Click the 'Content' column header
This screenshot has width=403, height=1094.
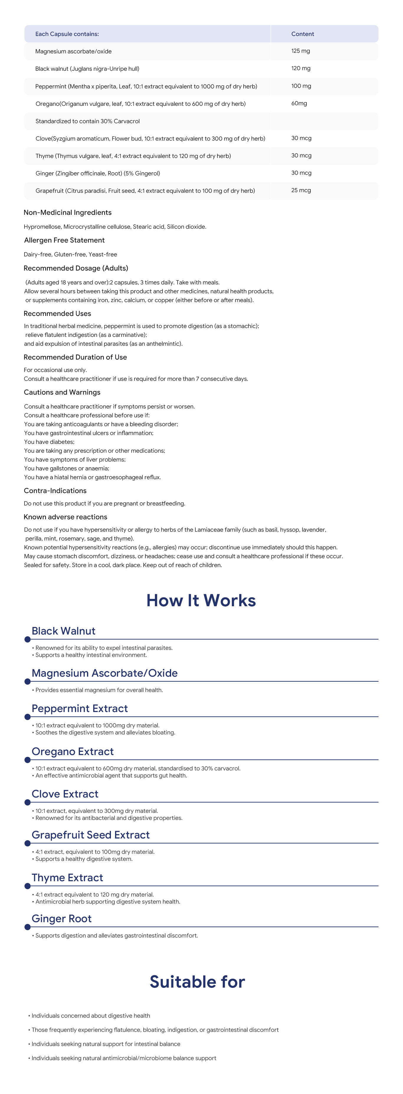point(302,34)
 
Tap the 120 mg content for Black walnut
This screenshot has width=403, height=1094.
point(301,68)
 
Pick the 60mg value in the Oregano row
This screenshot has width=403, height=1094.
point(299,103)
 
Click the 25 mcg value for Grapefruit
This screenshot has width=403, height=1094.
point(301,190)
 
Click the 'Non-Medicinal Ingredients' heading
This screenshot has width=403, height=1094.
point(68,212)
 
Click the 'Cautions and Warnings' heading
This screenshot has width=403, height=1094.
point(62,392)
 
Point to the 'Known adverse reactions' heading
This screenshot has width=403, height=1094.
point(65,517)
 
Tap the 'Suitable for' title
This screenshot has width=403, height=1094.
point(197,982)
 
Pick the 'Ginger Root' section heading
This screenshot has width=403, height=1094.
point(62,919)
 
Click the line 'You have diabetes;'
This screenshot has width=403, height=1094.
point(49,442)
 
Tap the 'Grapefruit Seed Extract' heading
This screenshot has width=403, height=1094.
point(91,835)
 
